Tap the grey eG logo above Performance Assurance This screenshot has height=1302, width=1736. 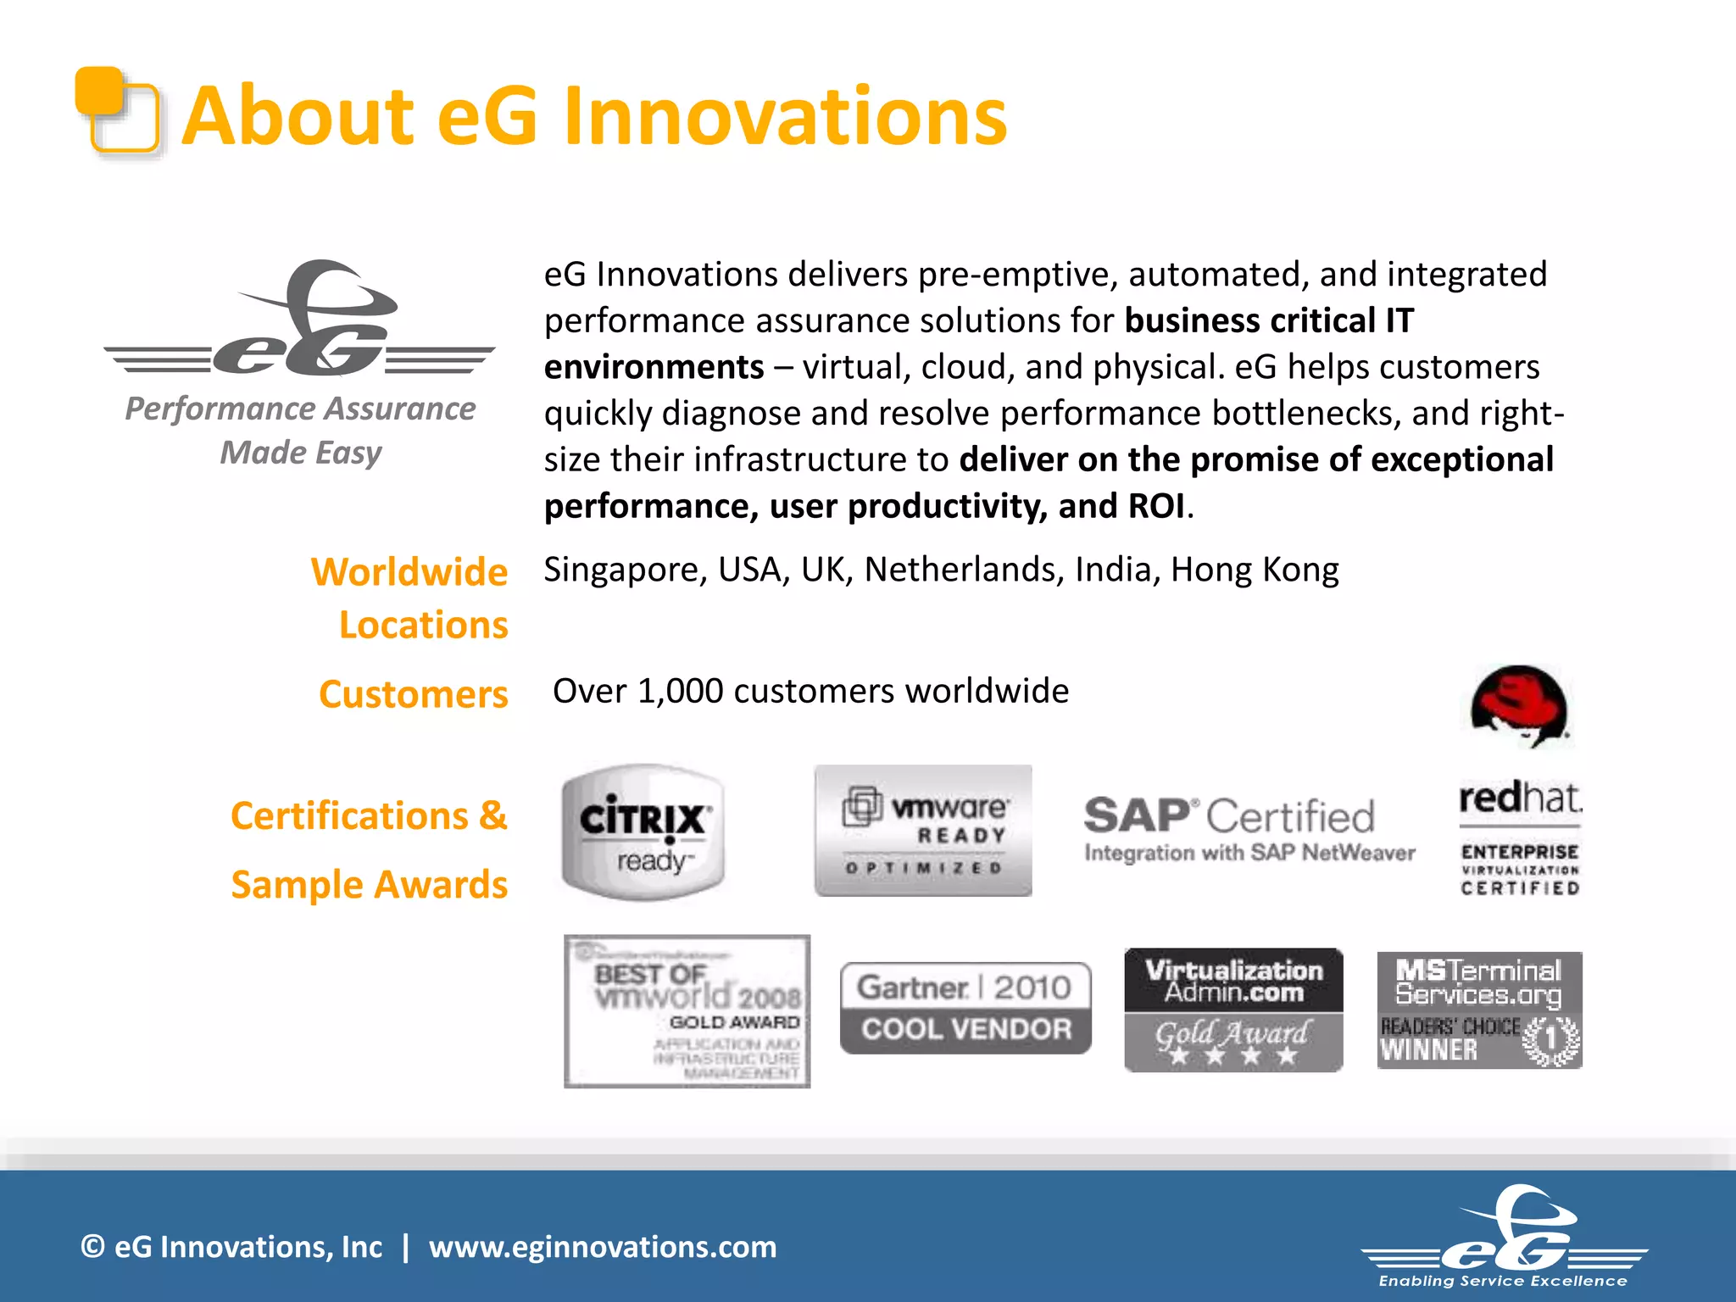pos(301,322)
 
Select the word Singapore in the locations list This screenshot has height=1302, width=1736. pos(620,570)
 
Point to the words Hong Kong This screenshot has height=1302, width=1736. pos(1254,570)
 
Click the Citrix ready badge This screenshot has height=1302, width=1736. pos(643,832)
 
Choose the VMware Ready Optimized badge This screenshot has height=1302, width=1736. pos(923,831)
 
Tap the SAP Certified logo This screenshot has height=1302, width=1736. pos(1248,829)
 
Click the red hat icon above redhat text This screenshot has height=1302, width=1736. pos(1519,706)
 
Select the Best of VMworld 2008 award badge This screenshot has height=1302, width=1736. pos(687,1011)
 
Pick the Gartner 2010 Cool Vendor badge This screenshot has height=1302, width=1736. pos(965,1008)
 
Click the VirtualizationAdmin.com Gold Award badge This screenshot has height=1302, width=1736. pos(1233,1010)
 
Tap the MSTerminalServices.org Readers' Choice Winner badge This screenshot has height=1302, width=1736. pos(1479,1010)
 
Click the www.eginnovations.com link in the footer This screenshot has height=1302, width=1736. pos(602,1247)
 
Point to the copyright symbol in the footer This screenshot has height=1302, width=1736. pos(92,1247)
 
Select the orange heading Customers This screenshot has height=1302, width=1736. pos(413,694)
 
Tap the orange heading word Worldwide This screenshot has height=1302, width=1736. pos(409,572)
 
